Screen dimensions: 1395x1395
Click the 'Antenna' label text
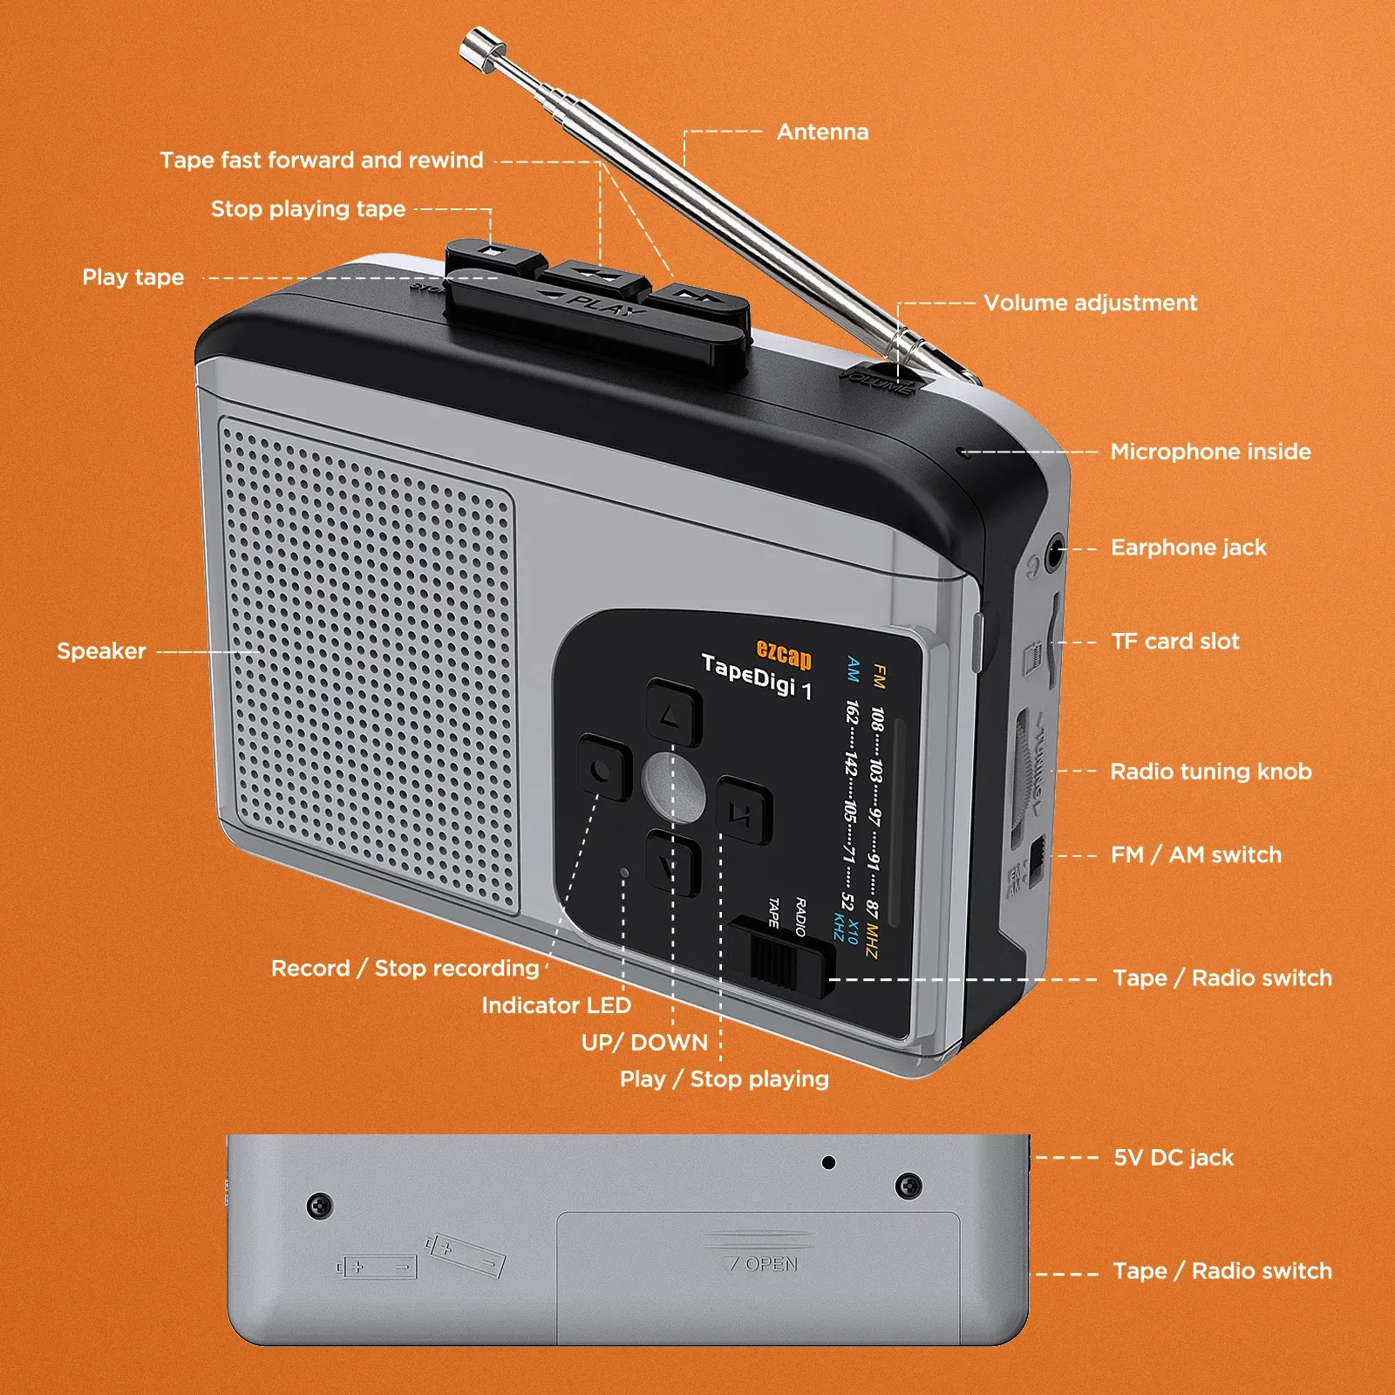822,133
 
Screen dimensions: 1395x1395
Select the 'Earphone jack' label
1187,548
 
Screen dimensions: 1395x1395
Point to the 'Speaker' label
101,651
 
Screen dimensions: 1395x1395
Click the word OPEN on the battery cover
771,1264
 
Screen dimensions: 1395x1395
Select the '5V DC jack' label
1174,1158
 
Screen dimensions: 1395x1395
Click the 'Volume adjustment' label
1090,303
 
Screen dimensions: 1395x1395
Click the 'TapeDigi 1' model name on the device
757,677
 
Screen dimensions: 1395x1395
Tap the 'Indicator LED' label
556,1005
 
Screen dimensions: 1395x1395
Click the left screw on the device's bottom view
321,1206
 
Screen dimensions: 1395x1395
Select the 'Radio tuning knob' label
1210,772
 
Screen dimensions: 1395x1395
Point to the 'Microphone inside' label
1210,452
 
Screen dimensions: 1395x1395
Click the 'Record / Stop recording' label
405,969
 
